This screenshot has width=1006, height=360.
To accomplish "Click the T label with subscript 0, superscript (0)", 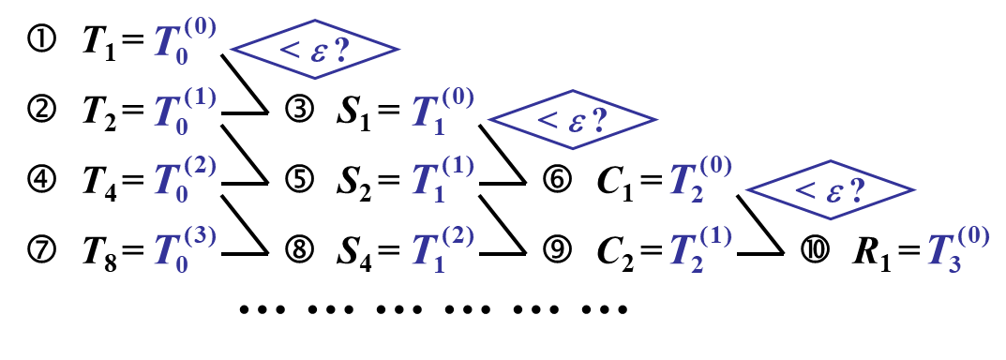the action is (185, 42).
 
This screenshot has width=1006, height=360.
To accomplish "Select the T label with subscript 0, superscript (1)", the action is (185, 112).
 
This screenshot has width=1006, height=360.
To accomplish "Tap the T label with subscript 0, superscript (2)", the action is (185, 180).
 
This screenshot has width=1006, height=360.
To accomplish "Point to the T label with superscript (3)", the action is (185, 250).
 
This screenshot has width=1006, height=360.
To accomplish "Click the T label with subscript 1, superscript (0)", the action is (443, 112).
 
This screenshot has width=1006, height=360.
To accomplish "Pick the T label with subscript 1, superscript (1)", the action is (443, 180).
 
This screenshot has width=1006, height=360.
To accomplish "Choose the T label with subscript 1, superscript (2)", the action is (443, 250).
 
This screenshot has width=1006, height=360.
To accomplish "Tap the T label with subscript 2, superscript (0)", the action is (700, 180).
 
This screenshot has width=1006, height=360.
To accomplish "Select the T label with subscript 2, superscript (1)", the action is (700, 250).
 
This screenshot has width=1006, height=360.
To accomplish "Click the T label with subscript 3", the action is (958, 250).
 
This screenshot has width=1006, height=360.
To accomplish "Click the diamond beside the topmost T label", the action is (315, 49).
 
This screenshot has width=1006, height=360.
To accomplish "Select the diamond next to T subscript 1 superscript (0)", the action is (573, 119).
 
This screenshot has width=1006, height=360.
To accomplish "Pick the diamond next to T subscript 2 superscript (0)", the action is (831, 189).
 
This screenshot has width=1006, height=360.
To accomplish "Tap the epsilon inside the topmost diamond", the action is (318, 52).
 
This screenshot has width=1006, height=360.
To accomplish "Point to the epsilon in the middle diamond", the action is (576, 122).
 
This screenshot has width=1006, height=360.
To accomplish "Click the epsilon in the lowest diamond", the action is (833, 192).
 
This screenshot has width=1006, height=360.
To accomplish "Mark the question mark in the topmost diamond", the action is (341, 49).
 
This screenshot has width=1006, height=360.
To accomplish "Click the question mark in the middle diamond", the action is (599, 119).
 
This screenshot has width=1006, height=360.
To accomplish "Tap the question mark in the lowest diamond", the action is (857, 189).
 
